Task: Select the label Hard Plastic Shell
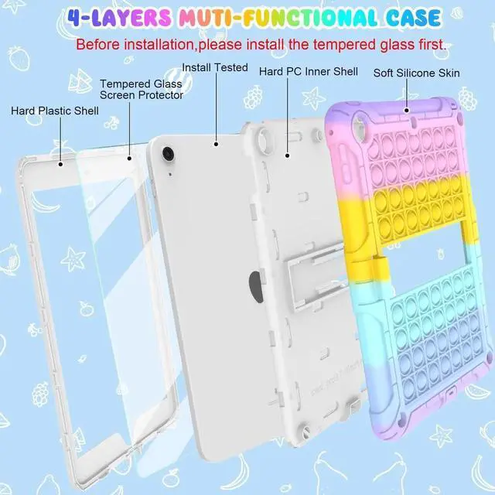tap(54, 111)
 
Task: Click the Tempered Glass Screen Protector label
tap(142, 89)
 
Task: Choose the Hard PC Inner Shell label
tap(308, 72)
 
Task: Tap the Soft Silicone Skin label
tap(416, 73)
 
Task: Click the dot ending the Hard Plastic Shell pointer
tap(60, 163)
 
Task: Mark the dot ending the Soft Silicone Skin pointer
tap(408, 110)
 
